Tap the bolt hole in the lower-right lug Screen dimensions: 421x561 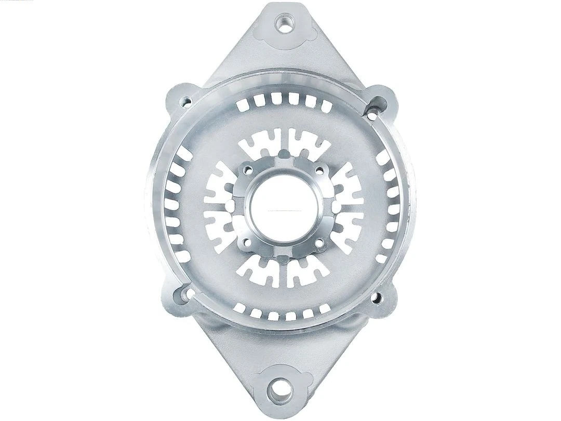click(378, 298)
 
